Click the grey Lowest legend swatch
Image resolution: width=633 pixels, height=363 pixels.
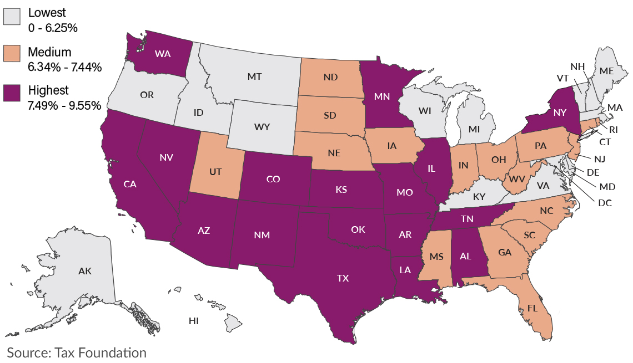(x=13, y=17)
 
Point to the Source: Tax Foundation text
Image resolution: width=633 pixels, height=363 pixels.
(x=77, y=352)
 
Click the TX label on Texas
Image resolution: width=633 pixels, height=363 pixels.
(x=343, y=279)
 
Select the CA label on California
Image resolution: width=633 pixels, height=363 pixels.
(x=130, y=185)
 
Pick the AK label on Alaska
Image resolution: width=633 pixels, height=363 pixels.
(x=85, y=271)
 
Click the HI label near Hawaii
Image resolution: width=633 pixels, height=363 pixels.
(x=194, y=320)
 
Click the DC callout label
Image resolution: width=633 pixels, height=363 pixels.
(x=605, y=203)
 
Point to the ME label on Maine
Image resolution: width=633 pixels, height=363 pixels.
(x=606, y=71)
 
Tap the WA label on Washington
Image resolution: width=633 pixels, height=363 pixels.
(x=163, y=54)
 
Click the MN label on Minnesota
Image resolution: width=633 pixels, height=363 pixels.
(x=381, y=96)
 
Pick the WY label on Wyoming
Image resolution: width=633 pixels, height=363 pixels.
(x=262, y=127)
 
